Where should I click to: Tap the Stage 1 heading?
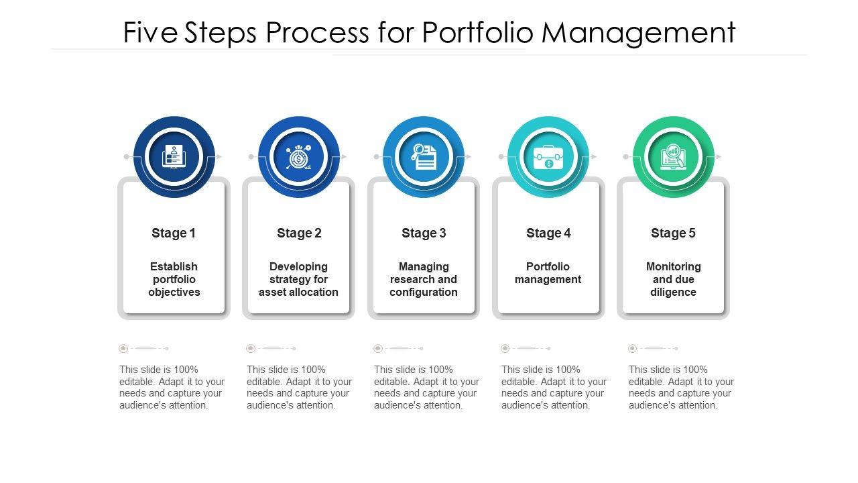click(174, 233)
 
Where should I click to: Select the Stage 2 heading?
click(299, 233)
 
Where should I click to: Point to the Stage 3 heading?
click(424, 233)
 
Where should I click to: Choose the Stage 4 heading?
click(548, 233)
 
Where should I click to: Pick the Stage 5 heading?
click(673, 233)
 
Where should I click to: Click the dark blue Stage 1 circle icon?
click(174, 157)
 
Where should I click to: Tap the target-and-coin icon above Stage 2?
click(299, 157)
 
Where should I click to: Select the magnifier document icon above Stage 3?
click(424, 157)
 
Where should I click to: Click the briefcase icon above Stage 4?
click(548, 157)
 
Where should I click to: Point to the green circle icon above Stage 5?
click(673, 157)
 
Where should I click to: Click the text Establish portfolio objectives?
click(174, 279)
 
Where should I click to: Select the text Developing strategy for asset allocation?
click(299, 279)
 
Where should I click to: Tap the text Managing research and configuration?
click(424, 279)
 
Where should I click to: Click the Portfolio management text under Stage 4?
click(548, 273)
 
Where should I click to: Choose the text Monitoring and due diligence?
click(673, 279)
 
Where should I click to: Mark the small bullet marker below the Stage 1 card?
click(123, 349)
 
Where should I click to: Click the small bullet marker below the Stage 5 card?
click(632, 349)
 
